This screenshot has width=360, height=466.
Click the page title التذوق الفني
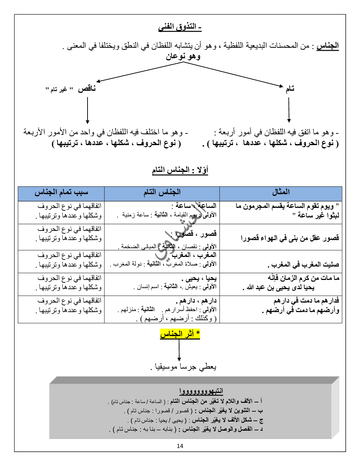(x=180, y=27)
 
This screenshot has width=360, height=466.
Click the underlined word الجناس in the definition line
(x=328, y=46)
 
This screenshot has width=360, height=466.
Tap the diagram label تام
(x=290, y=89)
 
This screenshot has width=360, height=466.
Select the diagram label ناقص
(x=87, y=89)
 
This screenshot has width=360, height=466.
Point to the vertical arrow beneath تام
(x=289, y=110)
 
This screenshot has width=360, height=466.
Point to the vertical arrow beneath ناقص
(x=88, y=110)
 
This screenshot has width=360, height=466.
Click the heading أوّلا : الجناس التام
(x=180, y=170)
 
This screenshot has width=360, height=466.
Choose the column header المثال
(x=281, y=192)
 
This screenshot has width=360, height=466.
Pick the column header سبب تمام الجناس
(x=61, y=192)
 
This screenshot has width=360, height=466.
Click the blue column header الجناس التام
(x=162, y=192)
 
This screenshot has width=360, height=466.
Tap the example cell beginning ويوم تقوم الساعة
(x=288, y=210)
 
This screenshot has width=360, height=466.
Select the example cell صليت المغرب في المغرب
(x=303, y=264)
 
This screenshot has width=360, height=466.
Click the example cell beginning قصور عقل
(x=290, y=238)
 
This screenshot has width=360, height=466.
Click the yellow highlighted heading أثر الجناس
(x=180, y=334)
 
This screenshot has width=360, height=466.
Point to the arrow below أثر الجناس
(x=179, y=350)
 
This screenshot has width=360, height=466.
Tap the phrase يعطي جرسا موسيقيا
(x=184, y=367)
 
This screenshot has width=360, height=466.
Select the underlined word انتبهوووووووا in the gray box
(x=201, y=391)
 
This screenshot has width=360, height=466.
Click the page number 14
(x=180, y=446)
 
